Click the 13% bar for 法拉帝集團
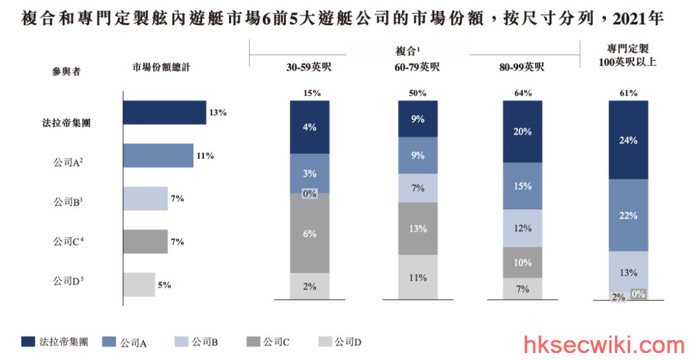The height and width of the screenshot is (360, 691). coord(165,113)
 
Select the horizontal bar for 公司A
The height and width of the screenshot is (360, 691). coord(158,155)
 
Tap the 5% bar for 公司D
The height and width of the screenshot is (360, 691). coord(139,284)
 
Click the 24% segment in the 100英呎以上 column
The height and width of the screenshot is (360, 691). coord(628,140)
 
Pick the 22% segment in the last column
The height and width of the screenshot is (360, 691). coord(628,215)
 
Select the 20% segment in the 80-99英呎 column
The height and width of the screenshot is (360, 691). coord(523,131)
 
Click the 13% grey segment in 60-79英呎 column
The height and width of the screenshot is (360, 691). coord(418,229)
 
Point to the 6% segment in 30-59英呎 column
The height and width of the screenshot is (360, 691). coord(310,233)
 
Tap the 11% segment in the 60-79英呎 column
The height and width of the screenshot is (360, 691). coord(418,277)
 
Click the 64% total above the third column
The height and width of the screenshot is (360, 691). coord(523,93)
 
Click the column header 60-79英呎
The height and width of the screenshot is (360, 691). coord(417,67)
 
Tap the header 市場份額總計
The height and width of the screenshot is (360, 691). coord(161,67)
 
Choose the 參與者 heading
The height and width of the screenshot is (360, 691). coord(66,72)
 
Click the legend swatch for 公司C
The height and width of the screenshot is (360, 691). coord(253,341)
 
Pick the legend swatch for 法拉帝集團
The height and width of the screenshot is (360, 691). coord(28,341)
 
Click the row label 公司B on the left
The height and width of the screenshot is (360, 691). coord(68,202)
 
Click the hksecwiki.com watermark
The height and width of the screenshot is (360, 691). coord(604,345)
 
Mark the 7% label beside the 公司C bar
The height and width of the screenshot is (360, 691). coord(177,241)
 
